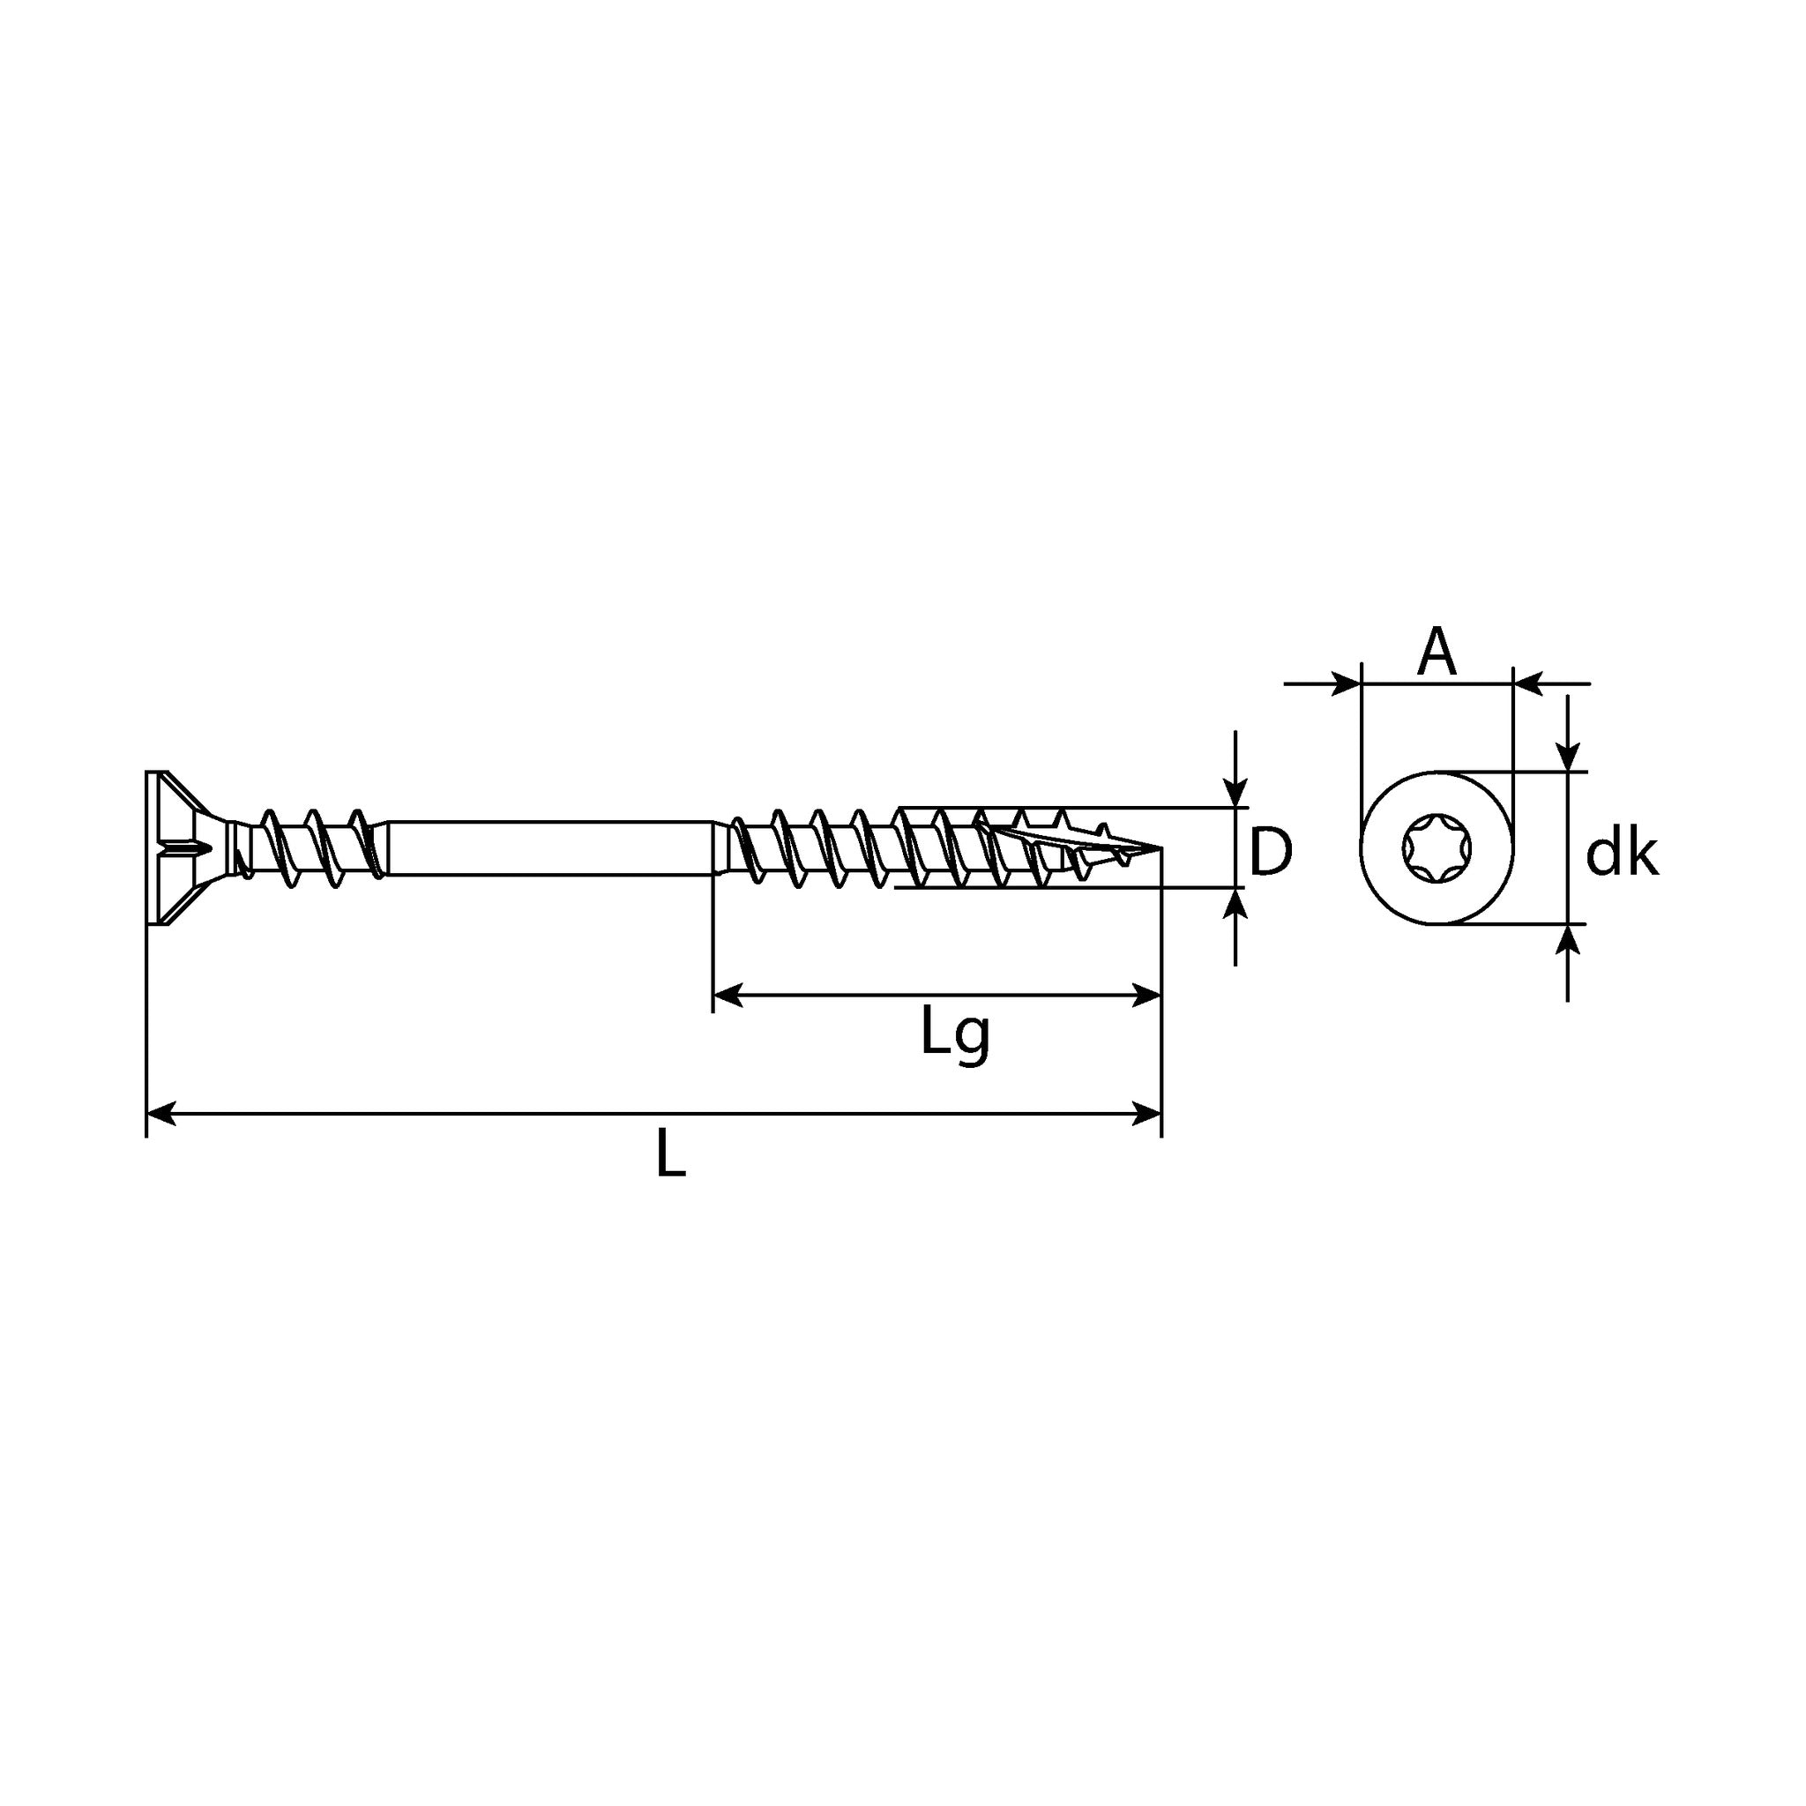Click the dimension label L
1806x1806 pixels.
click(670, 1153)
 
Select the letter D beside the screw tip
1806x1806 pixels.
click(1271, 853)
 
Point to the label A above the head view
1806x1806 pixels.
click(1436, 652)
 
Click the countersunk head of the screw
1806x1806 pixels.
click(188, 849)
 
